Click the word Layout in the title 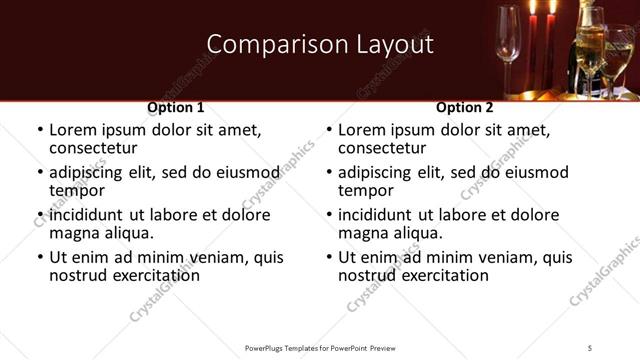click(391, 44)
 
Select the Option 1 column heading click(176, 107)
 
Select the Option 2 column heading click(465, 107)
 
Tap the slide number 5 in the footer click(590, 347)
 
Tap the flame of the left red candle click(530, 8)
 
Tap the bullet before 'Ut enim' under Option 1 click(39, 257)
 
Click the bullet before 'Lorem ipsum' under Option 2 click(328, 130)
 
